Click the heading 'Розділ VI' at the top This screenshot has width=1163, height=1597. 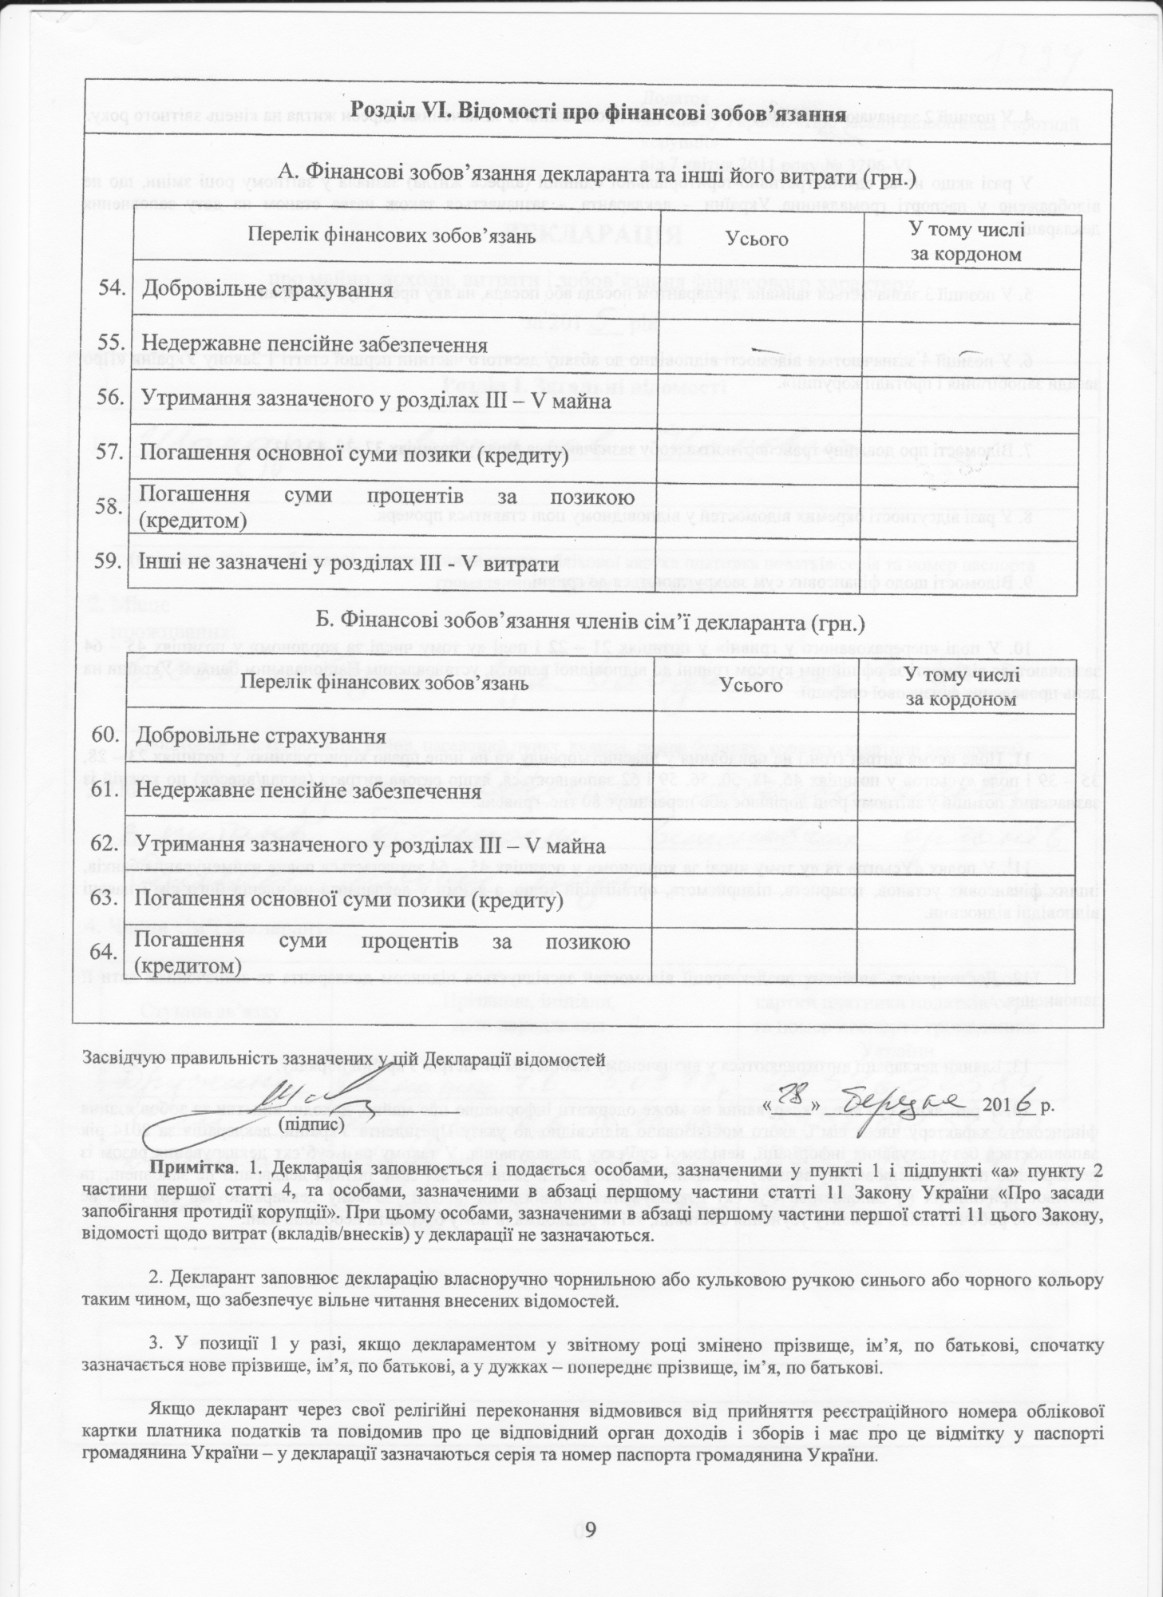599,113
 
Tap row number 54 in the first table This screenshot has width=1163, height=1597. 112,288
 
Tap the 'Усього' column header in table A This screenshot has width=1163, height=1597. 758,240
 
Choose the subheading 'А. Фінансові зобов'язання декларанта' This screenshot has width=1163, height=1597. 591,172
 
